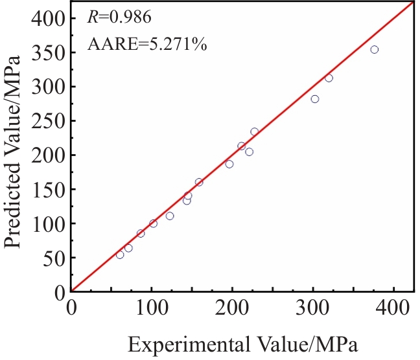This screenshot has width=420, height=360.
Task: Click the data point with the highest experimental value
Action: coord(374,49)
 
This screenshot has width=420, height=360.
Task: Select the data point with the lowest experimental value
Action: coord(120,254)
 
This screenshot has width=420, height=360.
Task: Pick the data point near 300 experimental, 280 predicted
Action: coord(315,99)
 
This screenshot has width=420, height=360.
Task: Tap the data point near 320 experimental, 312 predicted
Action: coord(329,78)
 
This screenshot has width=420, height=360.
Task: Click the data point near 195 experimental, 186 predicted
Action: coord(229,164)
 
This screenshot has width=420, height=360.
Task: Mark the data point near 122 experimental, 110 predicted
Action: coord(170,216)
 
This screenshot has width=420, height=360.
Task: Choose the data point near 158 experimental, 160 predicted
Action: coord(199,182)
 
